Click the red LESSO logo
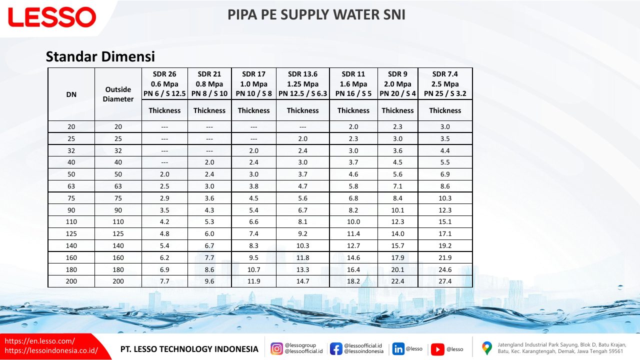click(52, 17)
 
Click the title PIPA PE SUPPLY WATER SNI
click(316, 15)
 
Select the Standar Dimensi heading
click(100, 56)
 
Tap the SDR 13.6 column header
click(302, 83)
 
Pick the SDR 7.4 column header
click(445, 83)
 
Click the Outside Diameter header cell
click(118, 94)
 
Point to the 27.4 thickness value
click(445, 281)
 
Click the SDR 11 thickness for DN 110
click(353, 221)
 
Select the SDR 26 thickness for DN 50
click(164, 174)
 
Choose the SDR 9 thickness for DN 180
click(397, 269)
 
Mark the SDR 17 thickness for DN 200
click(253, 281)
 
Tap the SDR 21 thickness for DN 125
click(209, 233)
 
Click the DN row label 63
click(71, 186)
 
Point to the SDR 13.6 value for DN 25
click(302, 139)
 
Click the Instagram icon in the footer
click(276, 349)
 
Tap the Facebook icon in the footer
click(336, 349)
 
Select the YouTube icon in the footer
click(437, 349)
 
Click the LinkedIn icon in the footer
click(398, 349)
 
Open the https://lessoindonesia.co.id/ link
click(51, 350)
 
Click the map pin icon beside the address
click(487, 348)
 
